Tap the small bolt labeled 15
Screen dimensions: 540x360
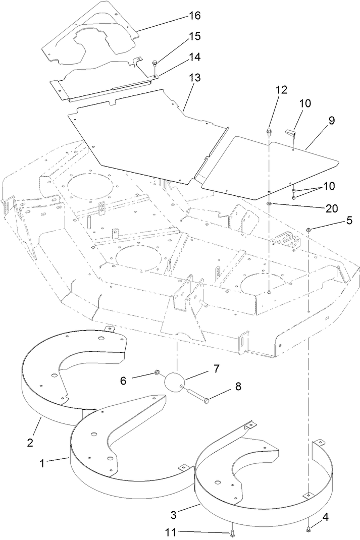click(x=155, y=63)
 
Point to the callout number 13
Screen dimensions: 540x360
click(x=194, y=78)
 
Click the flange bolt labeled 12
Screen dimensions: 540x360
click(x=269, y=132)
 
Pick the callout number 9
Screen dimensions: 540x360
click(x=332, y=121)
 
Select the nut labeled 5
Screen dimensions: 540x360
click(x=308, y=231)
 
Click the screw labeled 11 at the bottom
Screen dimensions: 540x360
click(x=231, y=532)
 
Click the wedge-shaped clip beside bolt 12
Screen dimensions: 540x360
click(x=289, y=133)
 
